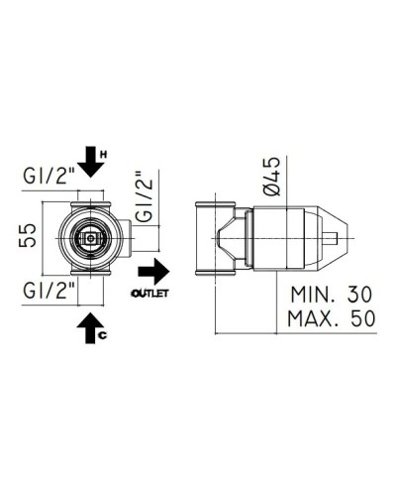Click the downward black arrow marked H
click(90, 157)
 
